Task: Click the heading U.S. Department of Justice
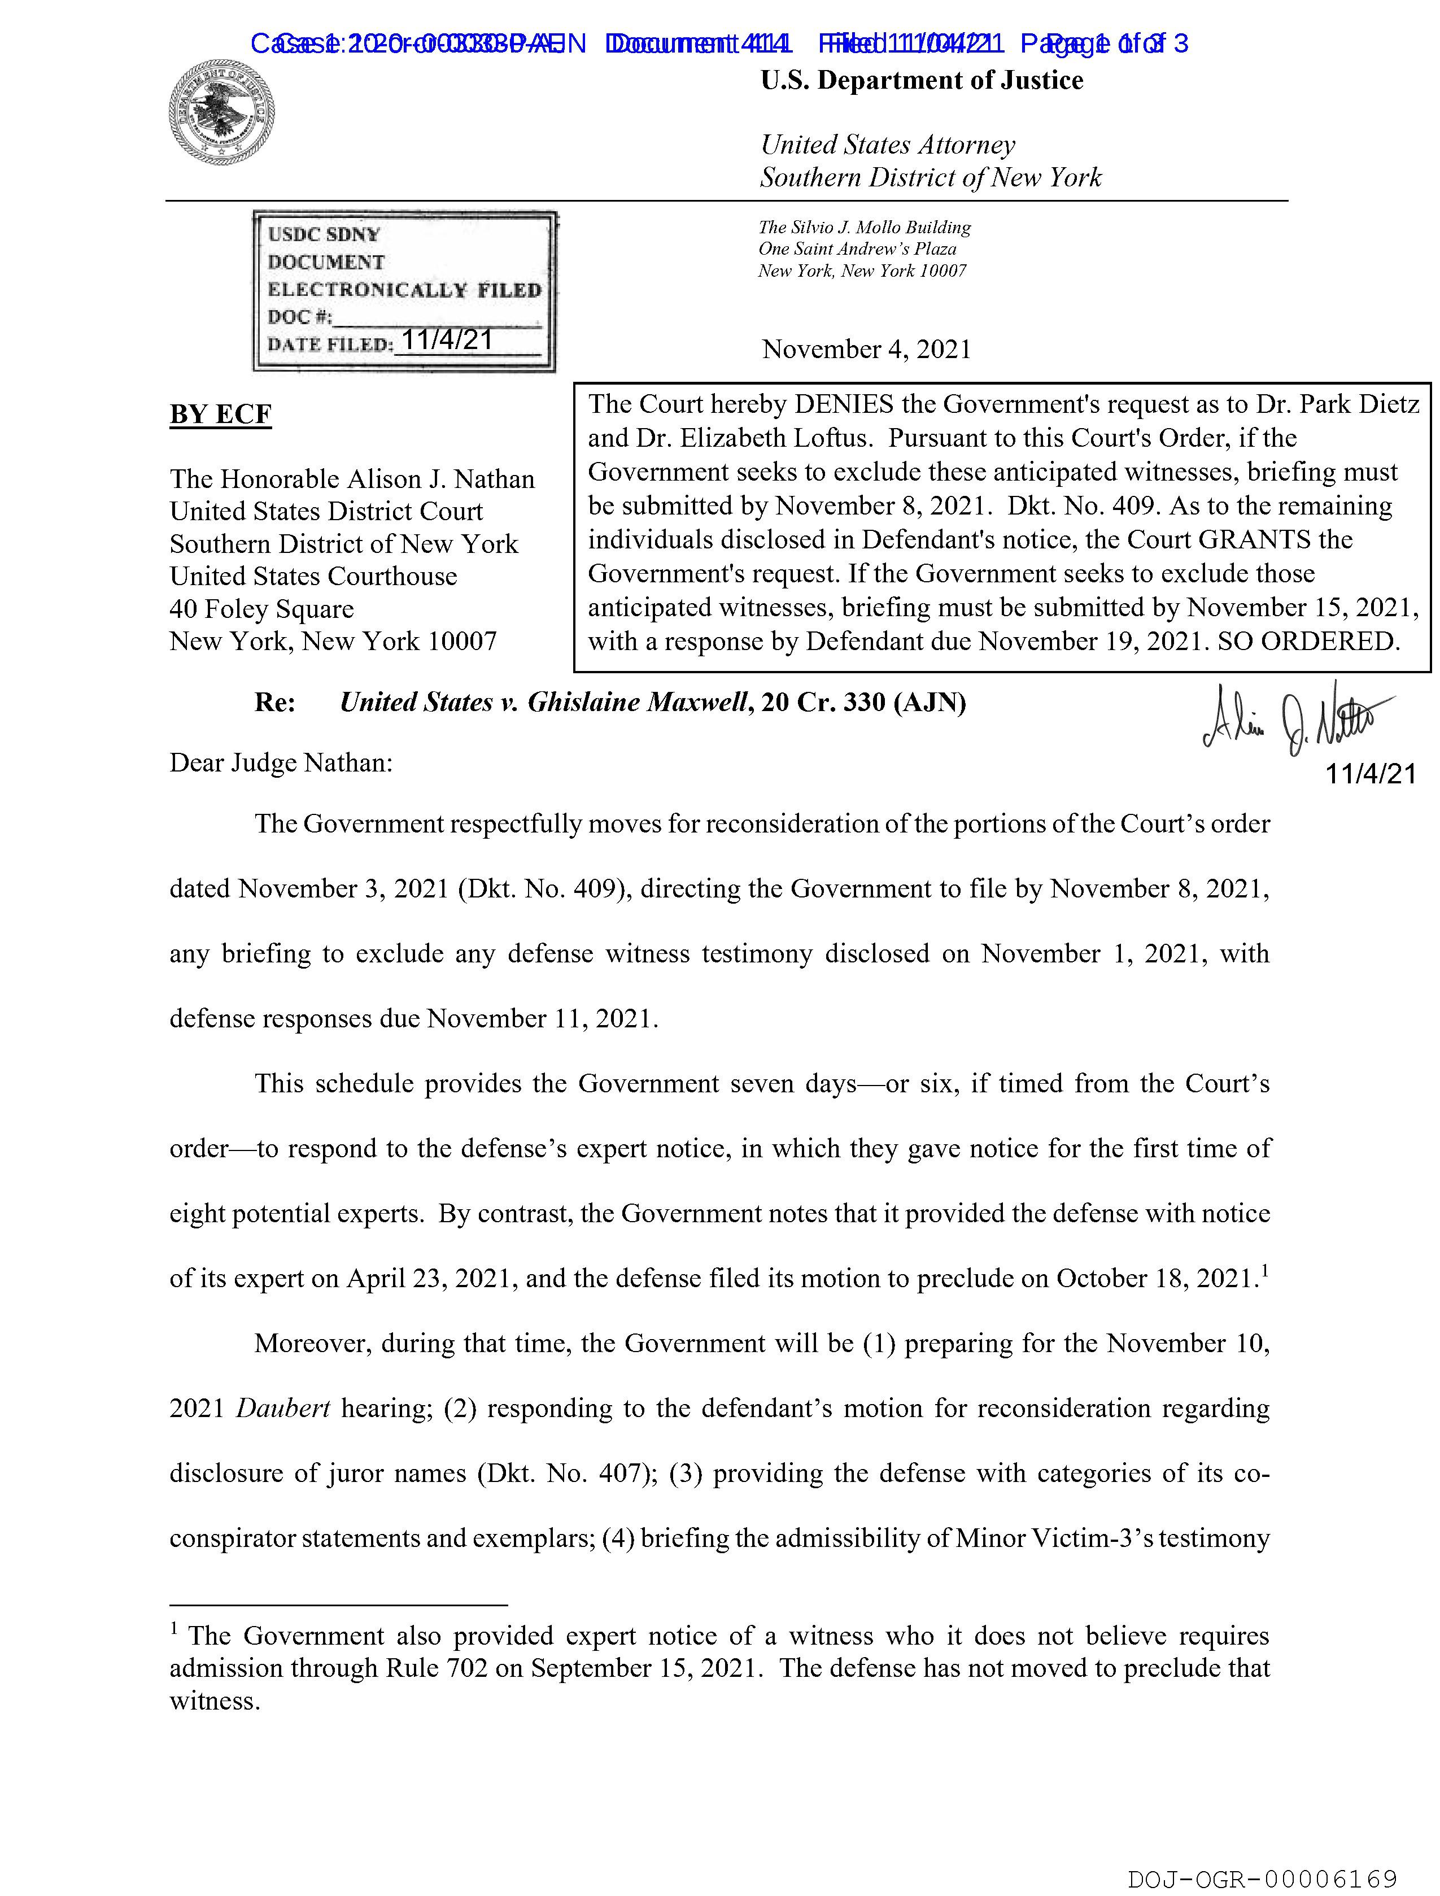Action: [x=922, y=81]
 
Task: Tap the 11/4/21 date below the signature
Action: [x=1371, y=774]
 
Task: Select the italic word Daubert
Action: [x=283, y=1408]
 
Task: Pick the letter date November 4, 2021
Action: [x=867, y=350]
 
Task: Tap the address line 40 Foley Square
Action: [x=261, y=609]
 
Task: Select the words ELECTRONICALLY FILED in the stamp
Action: [x=404, y=290]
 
